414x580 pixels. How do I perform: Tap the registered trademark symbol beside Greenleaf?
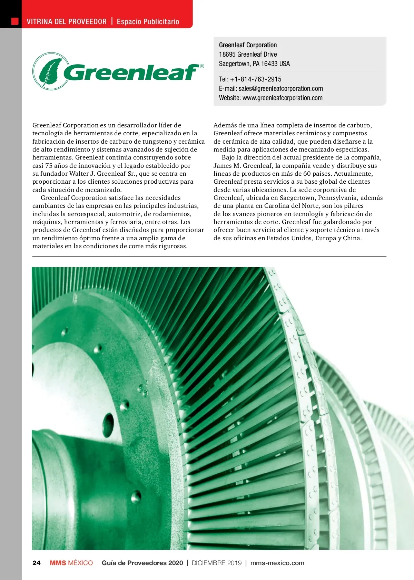(x=202, y=66)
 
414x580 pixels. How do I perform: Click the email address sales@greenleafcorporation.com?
(x=280, y=88)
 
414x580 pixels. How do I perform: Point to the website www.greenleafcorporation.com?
(x=283, y=98)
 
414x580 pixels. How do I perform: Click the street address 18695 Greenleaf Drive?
(x=248, y=54)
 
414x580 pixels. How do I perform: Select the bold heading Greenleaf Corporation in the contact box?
(x=248, y=45)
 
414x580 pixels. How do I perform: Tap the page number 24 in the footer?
(x=36, y=563)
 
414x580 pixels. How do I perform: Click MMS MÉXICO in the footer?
(x=71, y=563)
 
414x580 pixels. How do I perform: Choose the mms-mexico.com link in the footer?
(x=277, y=563)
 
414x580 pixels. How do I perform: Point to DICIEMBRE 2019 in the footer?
(x=217, y=563)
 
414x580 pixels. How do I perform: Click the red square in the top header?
(x=15, y=21)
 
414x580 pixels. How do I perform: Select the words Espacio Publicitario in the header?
(x=148, y=21)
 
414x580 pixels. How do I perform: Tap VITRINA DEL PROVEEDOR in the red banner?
(x=67, y=21)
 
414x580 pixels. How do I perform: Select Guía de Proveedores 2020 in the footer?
(x=142, y=563)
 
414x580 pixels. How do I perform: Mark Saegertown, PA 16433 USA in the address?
(x=254, y=64)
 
